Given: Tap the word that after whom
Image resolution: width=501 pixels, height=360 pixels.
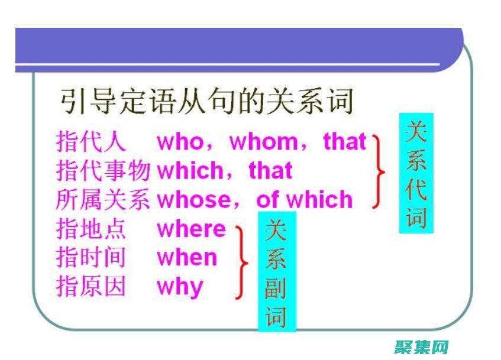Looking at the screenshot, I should coord(345,142).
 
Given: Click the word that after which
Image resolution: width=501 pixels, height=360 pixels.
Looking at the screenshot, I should coord(270,171).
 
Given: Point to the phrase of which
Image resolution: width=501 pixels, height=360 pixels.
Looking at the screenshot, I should coord(304,200).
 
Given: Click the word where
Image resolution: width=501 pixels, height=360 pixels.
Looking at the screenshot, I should coord(191,229).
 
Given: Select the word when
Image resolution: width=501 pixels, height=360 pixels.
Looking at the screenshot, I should coord(187,258).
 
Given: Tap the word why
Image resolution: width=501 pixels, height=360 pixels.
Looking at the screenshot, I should coord(180,287).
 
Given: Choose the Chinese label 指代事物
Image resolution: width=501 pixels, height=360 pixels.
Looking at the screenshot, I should coord(103,171).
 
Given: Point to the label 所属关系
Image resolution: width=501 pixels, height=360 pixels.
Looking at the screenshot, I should coord(103,200).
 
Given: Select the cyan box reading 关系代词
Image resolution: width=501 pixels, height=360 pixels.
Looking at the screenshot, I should coord(416,173).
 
